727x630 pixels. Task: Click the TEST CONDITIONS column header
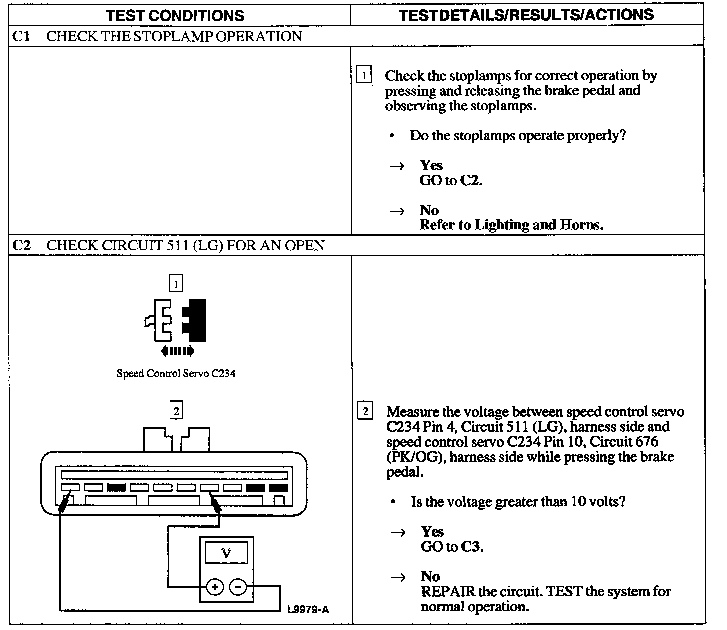(175, 15)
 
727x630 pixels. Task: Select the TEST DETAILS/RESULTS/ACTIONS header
(526, 15)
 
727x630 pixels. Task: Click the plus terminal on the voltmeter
(215, 587)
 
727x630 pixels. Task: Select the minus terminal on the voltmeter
(238, 587)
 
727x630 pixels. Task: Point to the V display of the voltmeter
(226, 553)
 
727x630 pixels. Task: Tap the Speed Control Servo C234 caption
(176, 373)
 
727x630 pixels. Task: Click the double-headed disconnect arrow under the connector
(177, 351)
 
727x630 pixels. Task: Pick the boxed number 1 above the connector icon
(176, 284)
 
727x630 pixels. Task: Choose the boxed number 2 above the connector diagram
(176, 411)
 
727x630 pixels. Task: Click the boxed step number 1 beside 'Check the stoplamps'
(363, 76)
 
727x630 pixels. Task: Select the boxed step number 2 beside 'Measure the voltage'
(365, 412)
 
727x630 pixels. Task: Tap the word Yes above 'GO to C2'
(431, 165)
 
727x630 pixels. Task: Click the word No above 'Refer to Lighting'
(429, 210)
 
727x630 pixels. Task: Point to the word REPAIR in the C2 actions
(447, 592)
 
